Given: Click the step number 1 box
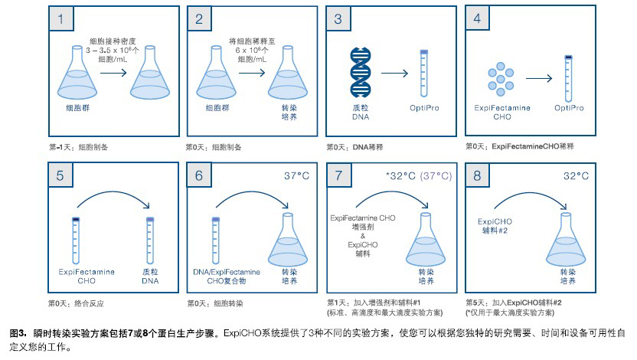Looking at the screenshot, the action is click(61, 18).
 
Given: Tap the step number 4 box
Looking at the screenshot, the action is click(477, 18).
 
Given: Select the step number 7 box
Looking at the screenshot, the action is click(339, 175).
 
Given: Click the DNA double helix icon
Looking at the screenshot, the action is click(361, 73).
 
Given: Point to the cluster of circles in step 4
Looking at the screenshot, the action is click(501, 79).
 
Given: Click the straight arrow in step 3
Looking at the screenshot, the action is click(394, 73).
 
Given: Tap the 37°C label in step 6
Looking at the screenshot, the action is click(296, 176).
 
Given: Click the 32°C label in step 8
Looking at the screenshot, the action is click(576, 176).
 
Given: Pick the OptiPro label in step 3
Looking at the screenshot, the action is click(424, 108).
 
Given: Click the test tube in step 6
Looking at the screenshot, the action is click(216, 241).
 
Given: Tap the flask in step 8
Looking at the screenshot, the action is click(566, 240).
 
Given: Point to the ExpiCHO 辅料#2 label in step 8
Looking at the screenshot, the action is click(495, 226).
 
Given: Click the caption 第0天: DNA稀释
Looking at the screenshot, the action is click(354, 147).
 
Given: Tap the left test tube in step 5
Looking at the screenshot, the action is click(76, 241).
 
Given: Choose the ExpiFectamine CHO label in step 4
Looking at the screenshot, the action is click(502, 112).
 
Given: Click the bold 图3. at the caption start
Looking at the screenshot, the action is click(18, 333).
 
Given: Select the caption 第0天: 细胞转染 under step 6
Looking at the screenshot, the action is click(215, 303).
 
